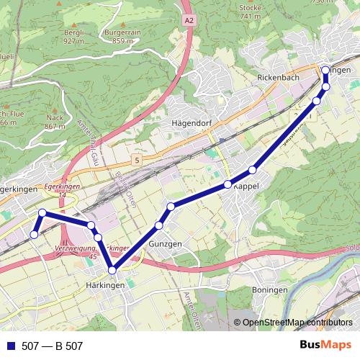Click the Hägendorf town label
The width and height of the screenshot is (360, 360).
coord(191,122)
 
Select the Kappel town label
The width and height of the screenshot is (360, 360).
coord(246,186)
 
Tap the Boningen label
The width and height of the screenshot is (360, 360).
coord(270,289)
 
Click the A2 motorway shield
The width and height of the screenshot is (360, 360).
coord(189,22)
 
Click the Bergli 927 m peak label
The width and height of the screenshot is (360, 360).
coord(73,37)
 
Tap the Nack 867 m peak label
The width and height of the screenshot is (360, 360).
coord(55,121)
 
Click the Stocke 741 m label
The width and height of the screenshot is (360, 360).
coord(250,11)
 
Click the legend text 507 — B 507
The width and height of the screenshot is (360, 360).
coord(52,346)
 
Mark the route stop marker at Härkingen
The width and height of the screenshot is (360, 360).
coord(112,270)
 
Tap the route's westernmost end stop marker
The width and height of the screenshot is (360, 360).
coord(33,234)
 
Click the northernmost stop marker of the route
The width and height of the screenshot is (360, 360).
coord(325,70)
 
